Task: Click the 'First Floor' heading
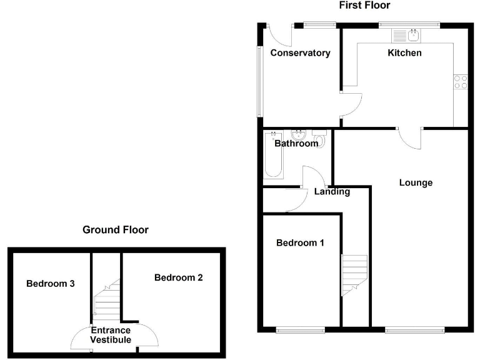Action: pos(364,6)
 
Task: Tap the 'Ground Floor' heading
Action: pos(116,230)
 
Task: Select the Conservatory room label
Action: pos(300,53)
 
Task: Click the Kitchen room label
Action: pos(404,53)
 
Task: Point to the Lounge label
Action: pos(416,183)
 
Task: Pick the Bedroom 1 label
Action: pos(300,243)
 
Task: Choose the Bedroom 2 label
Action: pos(178,277)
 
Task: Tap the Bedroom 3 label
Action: pos(51,284)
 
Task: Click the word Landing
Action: pos(332,192)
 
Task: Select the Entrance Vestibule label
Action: pos(111,335)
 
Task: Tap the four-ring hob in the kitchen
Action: pos(461,82)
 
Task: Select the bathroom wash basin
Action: pos(298,136)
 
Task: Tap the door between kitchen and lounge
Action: pos(410,139)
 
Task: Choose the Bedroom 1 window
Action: pos(301,329)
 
